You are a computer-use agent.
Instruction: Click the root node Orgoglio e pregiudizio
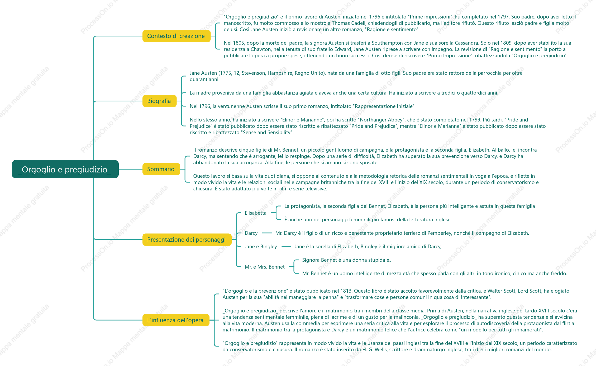65,169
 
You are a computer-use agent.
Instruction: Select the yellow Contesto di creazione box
177,36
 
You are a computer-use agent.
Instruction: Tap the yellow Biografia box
159,101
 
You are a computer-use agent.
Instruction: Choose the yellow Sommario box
161,169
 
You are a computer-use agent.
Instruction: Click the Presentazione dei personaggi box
187,240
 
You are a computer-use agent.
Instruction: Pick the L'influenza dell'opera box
176,320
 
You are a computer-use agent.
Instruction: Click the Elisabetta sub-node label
255,213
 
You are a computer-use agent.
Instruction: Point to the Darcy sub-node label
251,233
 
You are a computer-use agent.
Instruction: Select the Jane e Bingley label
261,246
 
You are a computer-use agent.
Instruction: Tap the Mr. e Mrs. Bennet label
264,267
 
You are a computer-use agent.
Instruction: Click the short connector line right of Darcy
267,233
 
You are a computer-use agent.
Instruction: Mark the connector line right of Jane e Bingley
286,246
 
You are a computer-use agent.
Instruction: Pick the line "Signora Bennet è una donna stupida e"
346,260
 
